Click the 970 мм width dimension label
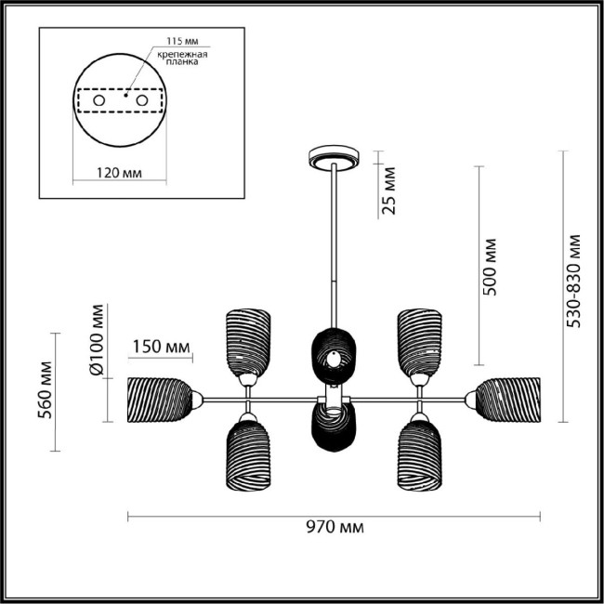pyautogui.click(x=334, y=528)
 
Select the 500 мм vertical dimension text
pyautogui.click(x=492, y=267)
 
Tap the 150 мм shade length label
pyautogui.click(x=159, y=348)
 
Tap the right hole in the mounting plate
pyautogui.click(x=142, y=99)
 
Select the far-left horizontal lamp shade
pyautogui.click(x=159, y=399)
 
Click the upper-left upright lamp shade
pyautogui.click(x=248, y=339)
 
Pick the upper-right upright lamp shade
pyautogui.click(x=419, y=339)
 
